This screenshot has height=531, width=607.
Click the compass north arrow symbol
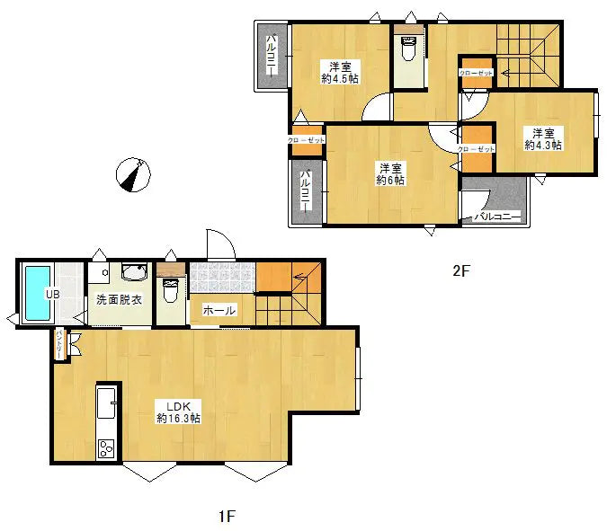pyautogui.click(x=133, y=174)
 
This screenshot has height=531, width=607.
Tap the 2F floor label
pyautogui.click(x=460, y=270)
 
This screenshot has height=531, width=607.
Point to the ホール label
pyautogui.click(x=219, y=310)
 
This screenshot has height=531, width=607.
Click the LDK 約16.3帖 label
pyautogui.click(x=177, y=411)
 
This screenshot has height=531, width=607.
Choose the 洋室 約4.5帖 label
pyautogui.click(x=339, y=72)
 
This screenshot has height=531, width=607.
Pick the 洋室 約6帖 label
pyautogui.click(x=389, y=173)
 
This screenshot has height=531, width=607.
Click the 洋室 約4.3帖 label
pyautogui.click(x=542, y=137)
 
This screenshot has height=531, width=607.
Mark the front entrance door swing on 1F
pyautogui.click(x=219, y=243)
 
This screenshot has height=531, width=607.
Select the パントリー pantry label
pyautogui.click(x=59, y=344)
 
